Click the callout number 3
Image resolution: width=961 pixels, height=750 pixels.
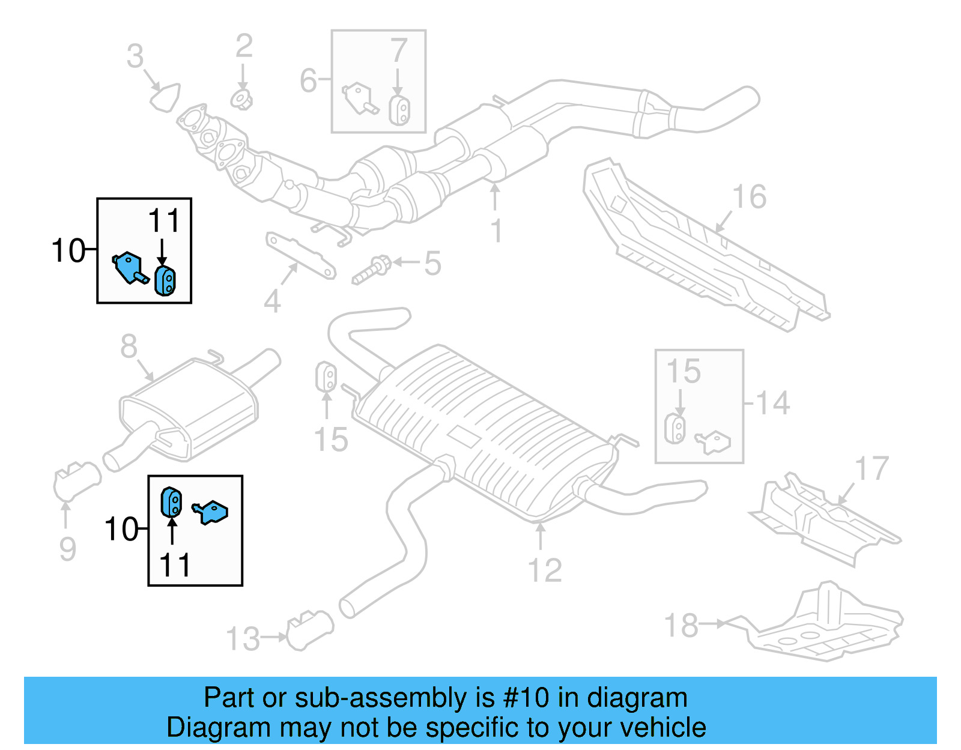[135, 56]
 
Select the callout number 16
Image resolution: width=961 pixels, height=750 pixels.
[749, 197]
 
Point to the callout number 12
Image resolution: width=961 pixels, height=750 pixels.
[545, 570]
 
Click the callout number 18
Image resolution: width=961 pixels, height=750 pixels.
[681, 625]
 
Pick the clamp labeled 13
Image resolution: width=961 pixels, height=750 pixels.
[309, 631]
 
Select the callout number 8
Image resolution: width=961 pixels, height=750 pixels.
[129, 346]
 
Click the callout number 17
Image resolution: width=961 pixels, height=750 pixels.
[872, 469]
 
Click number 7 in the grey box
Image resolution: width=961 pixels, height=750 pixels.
[399, 50]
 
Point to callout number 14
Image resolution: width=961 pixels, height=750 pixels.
[772, 403]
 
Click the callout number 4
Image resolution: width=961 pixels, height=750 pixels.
[272, 301]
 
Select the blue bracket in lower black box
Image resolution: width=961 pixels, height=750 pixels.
[211, 512]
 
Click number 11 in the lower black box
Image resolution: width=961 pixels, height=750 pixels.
[175, 565]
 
